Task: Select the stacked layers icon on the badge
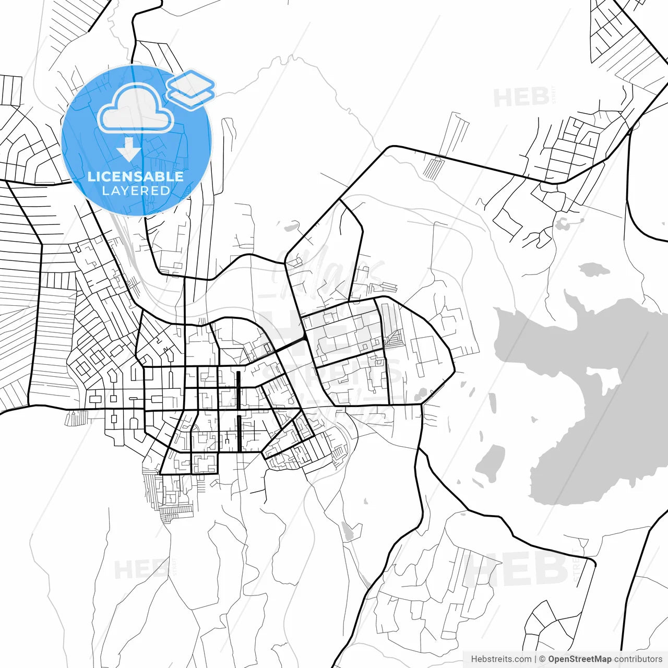point(190,89)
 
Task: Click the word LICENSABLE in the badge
point(136,176)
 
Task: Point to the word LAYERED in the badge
point(136,191)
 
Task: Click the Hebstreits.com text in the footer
point(501,659)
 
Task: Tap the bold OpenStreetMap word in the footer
point(579,659)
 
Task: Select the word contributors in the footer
point(638,659)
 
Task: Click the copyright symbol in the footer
point(542,659)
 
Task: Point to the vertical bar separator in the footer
point(535,659)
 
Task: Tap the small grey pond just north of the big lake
point(594,270)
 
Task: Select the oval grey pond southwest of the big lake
point(491,462)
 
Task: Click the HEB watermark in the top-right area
point(522,98)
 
